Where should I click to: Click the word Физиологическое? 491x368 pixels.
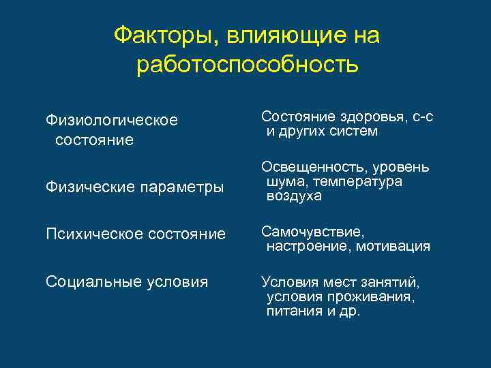(111, 121)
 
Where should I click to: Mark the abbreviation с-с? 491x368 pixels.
(423, 117)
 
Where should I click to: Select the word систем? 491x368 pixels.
(353, 131)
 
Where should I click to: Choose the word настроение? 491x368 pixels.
(308, 246)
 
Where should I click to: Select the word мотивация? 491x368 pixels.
(392, 246)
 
